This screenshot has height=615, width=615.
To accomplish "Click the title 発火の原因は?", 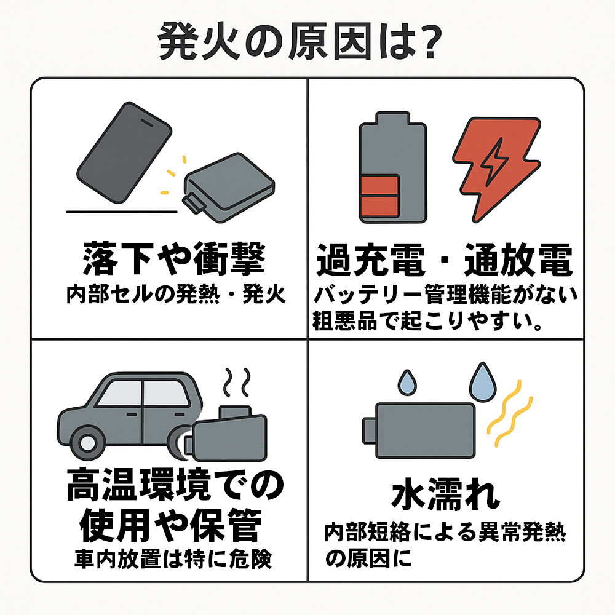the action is [x=300, y=41].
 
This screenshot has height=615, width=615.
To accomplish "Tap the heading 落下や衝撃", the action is [x=175, y=258].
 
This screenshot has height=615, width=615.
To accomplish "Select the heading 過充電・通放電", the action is [x=445, y=260].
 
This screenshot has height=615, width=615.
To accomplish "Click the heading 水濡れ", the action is [x=446, y=494].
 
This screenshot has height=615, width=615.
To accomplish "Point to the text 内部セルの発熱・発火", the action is [x=176, y=294].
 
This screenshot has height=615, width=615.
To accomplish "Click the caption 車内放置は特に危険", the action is [x=173, y=558].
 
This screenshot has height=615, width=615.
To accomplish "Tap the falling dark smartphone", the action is [x=124, y=153].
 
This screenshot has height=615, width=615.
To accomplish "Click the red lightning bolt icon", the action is [x=497, y=169].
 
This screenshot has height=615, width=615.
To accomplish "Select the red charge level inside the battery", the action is [x=380, y=196].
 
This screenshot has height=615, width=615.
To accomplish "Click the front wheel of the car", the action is [x=88, y=443].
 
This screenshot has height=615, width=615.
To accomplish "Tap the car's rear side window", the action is [x=119, y=393].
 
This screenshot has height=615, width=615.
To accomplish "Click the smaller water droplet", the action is [x=407, y=383].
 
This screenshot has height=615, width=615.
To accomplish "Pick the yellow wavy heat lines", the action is [x=509, y=414].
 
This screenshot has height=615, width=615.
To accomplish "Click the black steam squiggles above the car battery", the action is [x=237, y=382].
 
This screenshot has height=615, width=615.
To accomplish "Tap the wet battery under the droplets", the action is [x=419, y=430].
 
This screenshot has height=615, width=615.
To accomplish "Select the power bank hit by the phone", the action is [x=228, y=188].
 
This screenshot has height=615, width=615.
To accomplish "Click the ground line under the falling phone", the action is [x=122, y=212].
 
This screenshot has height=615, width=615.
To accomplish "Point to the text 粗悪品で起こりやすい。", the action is [x=427, y=321].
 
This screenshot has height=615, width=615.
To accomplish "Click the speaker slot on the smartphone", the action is [x=147, y=123].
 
